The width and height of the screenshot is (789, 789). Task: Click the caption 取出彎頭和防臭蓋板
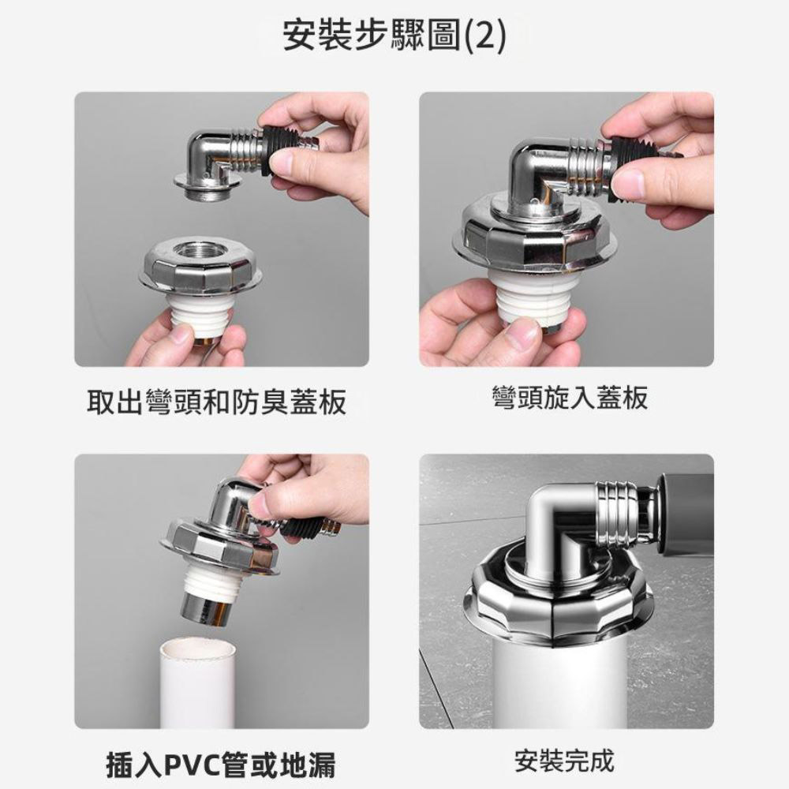coord(216,403)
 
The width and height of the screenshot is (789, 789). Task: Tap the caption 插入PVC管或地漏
coord(221,765)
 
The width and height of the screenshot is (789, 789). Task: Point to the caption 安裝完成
coord(563,761)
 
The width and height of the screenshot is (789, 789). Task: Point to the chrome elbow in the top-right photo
coord(544,174)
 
